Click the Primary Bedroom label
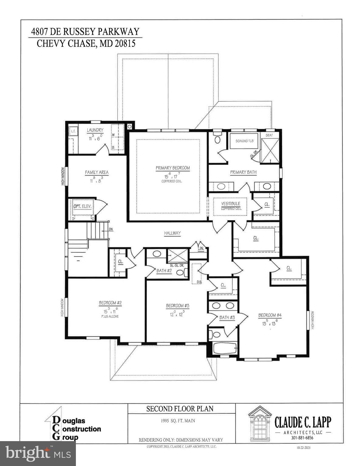(172, 168)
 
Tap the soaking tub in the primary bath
(244, 141)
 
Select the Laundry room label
(95, 130)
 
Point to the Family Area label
(97, 172)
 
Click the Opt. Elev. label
(82, 206)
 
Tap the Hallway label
(172, 233)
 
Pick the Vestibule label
(231, 204)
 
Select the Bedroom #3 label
(177, 306)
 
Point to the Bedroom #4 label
(270, 315)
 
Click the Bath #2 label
(164, 271)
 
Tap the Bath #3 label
(227, 317)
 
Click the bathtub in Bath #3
(225, 348)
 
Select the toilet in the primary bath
(217, 139)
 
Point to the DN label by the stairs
(111, 229)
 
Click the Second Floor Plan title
(180, 409)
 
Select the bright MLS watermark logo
(38, 453)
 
